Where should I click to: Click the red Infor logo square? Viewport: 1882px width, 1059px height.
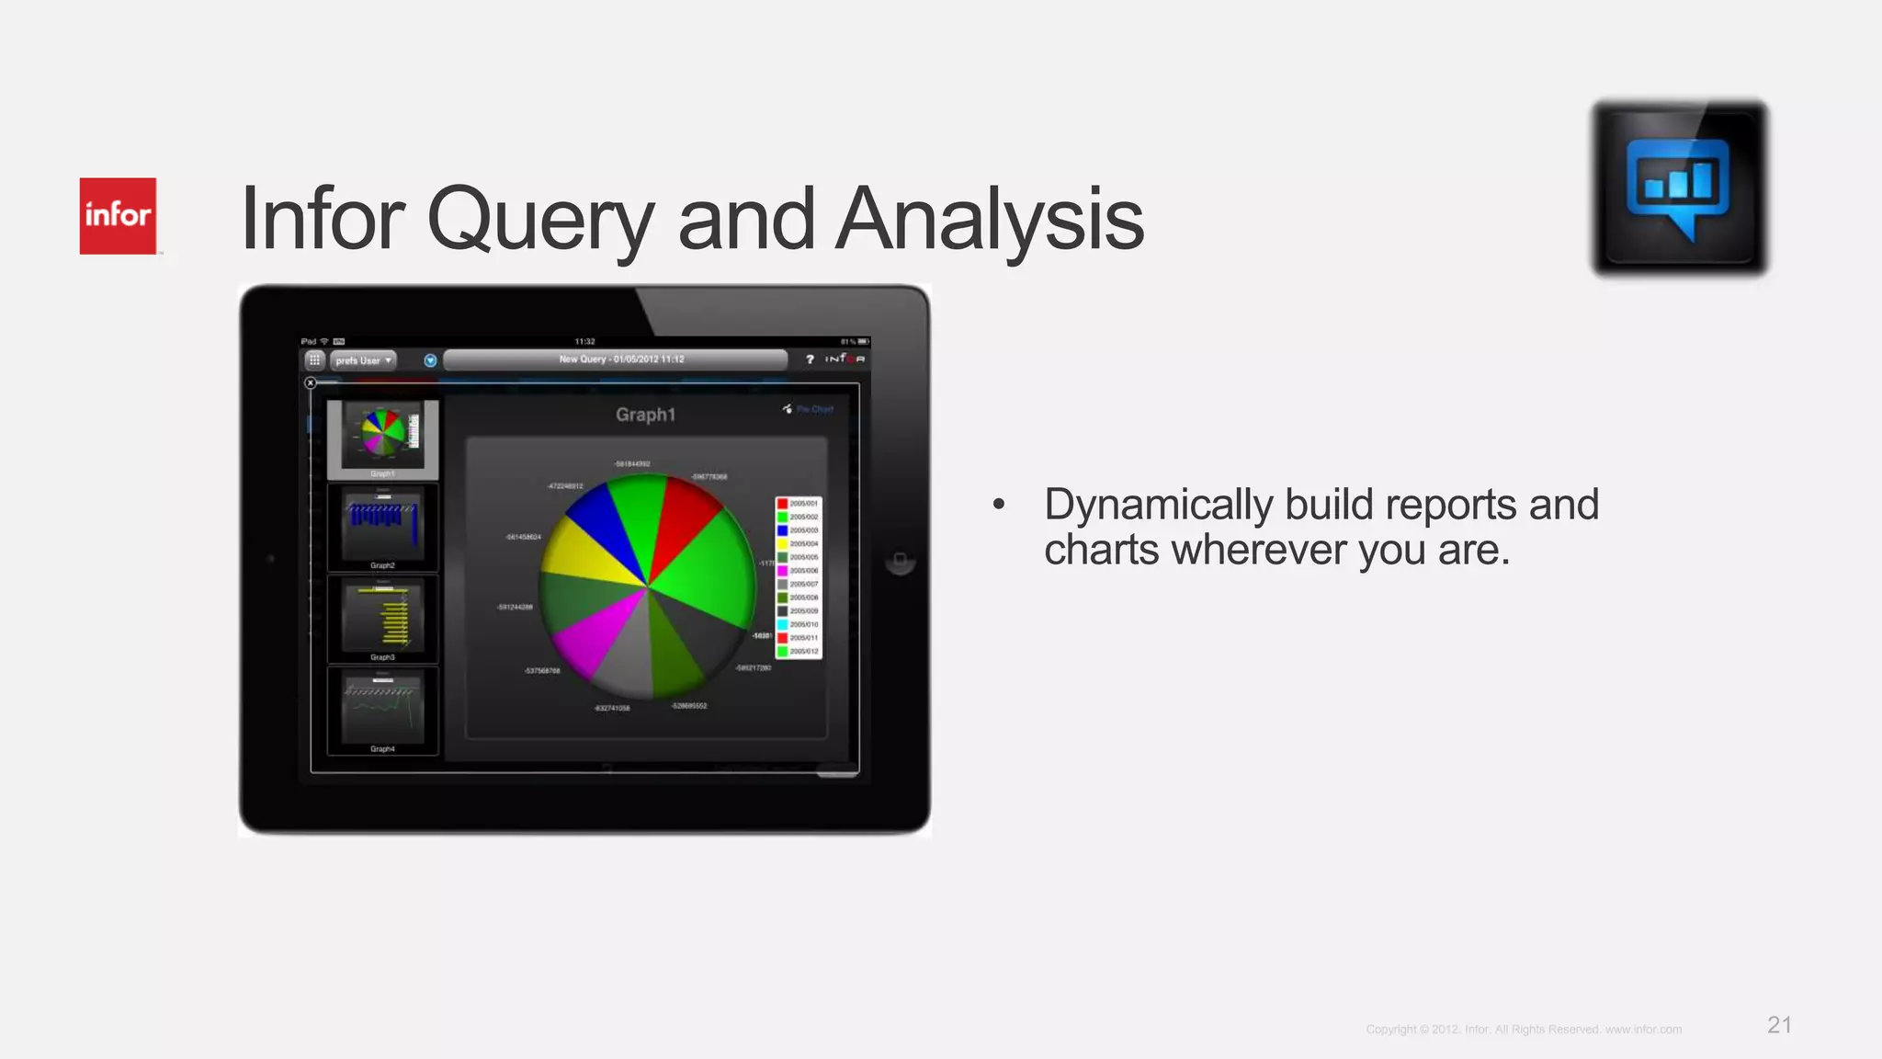click(x=118, y=216)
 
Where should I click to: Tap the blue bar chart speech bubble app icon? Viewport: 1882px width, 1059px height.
click(x=1679, y=188)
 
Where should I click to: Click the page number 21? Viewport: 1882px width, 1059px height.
click(x=1779, y=1025)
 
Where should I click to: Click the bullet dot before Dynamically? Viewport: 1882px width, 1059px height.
click(x=999, y=505)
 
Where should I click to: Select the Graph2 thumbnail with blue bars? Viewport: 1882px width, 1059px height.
click(x=382, y=527)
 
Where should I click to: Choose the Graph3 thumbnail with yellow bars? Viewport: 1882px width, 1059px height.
click(x=382, y=619)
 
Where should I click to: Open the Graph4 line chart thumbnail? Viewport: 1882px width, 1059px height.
click(x=382, y=710)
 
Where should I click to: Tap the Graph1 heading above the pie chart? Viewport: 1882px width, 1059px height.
click(x=645, y=415)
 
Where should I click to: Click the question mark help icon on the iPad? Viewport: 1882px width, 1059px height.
click(x=810, y=359)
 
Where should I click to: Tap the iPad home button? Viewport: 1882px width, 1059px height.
click(x=900, y=560)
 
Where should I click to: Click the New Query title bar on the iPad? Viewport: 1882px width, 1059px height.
click(x=616, y=359)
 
